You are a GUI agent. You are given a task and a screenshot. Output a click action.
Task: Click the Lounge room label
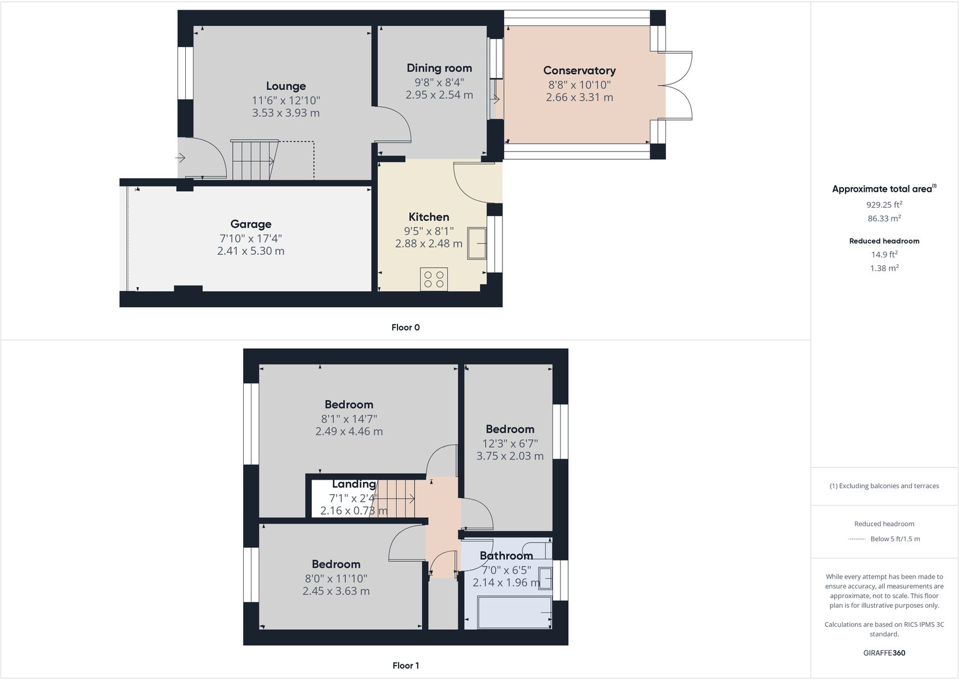(286, 86)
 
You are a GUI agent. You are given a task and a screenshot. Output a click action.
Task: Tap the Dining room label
(439, 68)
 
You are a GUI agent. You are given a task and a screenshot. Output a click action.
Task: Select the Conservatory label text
(579, 71)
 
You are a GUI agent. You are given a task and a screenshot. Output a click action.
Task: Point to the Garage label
(251, 224)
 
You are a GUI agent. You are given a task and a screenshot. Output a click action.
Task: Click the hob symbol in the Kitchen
(434, 279)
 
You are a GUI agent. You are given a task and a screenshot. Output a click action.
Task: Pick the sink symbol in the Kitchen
(477, 243)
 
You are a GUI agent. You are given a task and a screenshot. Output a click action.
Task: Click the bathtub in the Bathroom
(514, 612)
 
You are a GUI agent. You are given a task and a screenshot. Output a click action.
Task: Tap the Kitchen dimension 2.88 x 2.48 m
(429, 244)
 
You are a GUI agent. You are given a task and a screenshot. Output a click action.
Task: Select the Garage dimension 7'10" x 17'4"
(251, 238)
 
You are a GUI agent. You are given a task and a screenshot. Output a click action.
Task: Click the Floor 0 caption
(405, 328)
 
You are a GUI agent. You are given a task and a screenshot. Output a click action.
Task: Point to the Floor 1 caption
(405, 666)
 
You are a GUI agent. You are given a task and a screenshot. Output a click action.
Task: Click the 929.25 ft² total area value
(884, 205)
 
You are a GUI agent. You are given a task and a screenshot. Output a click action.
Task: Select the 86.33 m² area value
(884, 218)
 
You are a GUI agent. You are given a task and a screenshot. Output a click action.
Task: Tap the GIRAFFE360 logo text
(884, 653)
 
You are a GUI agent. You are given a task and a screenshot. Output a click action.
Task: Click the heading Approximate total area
(882, 189)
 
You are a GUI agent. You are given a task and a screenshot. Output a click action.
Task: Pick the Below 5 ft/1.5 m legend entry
(895, 539)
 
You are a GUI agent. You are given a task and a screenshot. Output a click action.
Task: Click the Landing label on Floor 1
(354, 484)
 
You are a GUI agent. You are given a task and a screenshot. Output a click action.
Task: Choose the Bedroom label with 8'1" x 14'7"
(349, 405)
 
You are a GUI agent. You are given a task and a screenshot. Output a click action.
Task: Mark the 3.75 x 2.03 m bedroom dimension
(510, 456)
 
